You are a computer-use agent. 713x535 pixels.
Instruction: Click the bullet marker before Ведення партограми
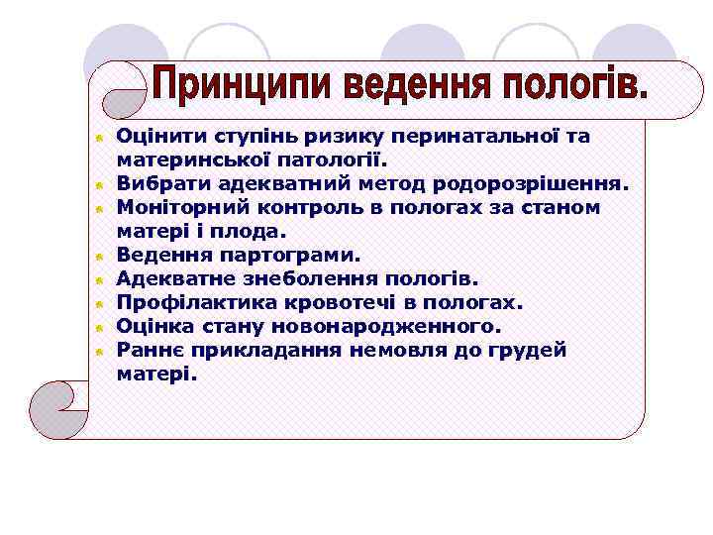click(x=100, y=256)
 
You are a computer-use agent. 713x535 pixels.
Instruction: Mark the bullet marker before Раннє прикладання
click(x=100, y=351)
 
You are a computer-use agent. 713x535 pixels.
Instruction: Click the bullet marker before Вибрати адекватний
click(x=100, y=184)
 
